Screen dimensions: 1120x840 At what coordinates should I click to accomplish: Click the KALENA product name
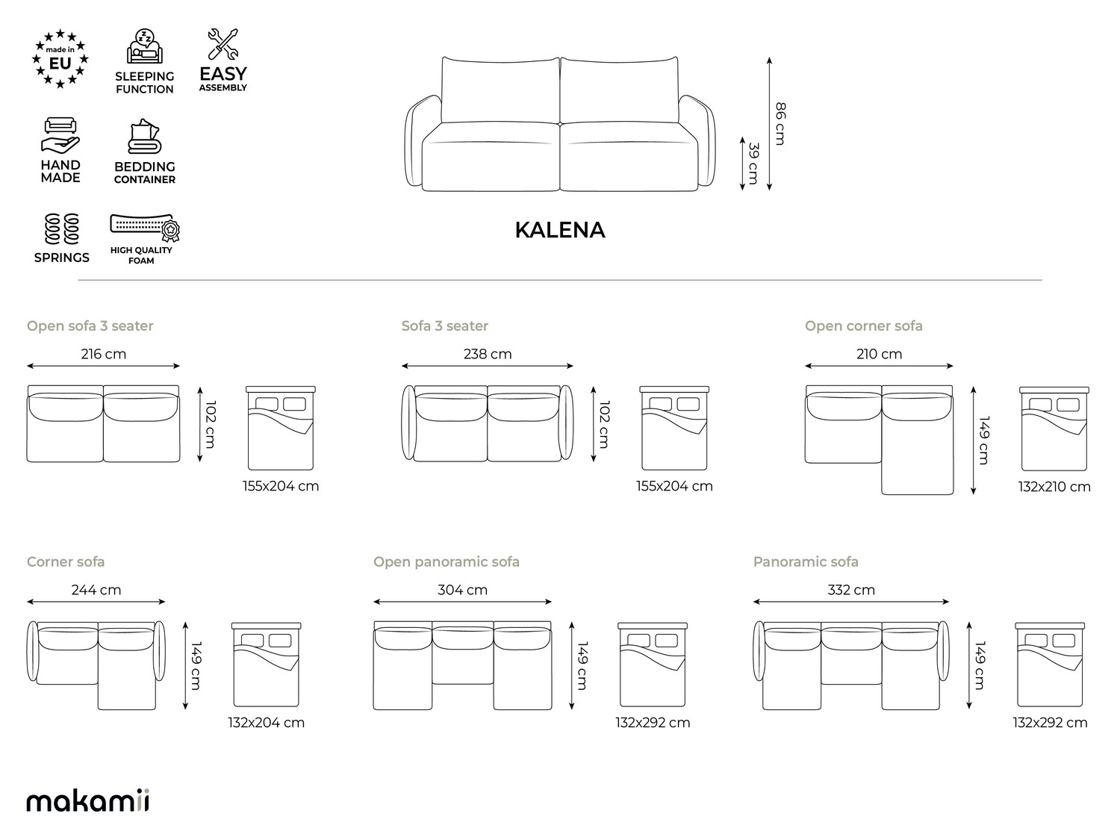tap(560, 230)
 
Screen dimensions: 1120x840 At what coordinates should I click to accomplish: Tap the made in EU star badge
tap(60, 59)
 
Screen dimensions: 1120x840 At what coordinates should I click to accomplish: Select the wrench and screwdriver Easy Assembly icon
tap(223, 44)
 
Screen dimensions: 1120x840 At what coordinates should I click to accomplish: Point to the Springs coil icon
tap(62, 228)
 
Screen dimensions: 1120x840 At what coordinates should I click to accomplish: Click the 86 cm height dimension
tap(781, 124)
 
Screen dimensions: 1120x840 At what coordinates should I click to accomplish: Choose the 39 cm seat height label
tap(753, 164)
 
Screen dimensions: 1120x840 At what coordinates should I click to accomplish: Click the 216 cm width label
tap(104, 354)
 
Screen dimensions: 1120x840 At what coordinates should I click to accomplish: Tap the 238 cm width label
tap(488, 354)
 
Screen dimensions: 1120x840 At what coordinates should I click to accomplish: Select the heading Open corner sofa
tap(864, 326)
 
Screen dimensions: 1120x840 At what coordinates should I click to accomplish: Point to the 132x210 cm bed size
tap(1054, 487)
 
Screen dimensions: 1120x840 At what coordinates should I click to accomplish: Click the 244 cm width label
tap(96, 590)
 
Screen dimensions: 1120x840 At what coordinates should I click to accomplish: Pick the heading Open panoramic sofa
tap(447, 562)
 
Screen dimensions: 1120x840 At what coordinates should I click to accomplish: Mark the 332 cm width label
tap(851, 590)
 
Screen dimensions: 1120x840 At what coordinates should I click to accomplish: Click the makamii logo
tap(88, 800)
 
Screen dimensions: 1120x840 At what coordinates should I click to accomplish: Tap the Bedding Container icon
tap(144, 136)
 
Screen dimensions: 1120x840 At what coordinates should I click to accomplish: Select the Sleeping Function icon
tap(145, 46)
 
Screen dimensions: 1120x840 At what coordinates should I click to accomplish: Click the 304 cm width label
tap(463, 590)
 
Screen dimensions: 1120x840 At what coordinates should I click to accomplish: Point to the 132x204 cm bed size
tap(267, 723)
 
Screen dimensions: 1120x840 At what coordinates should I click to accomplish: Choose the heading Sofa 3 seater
tap(445, 326)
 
